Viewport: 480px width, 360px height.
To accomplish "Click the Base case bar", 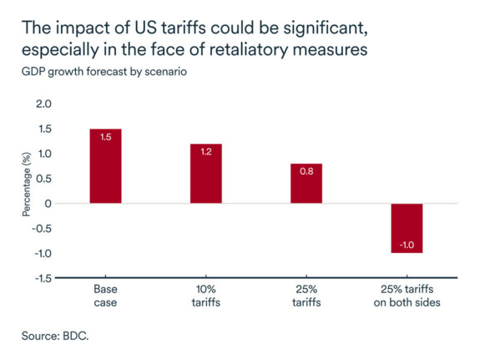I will [105, 166].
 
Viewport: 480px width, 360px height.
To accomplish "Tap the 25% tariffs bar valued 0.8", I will [306, 184].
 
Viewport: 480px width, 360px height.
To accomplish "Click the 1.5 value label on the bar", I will [105, 137].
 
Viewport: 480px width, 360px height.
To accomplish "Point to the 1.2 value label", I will [205, 152].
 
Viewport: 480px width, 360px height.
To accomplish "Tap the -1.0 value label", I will [407, 243].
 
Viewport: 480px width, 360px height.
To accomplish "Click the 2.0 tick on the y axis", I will [43, 104].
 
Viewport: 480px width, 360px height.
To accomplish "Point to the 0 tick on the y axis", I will [48, 204].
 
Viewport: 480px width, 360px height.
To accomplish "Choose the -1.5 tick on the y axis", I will [41, 278].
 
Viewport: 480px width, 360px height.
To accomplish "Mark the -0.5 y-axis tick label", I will [41, 229].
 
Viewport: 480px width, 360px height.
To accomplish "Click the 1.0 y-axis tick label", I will [43, 154].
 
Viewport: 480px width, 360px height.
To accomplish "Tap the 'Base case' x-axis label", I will [105, 295].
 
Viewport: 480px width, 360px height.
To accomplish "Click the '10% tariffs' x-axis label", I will [205, 295].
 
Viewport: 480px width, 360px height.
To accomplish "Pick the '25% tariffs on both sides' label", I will [407, 295].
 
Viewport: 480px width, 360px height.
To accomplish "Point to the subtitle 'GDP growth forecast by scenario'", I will [104, 71].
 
